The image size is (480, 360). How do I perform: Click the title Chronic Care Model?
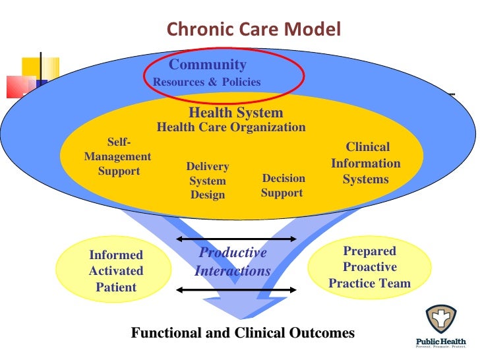[x=253, y=30]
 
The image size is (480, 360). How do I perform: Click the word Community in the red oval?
[x=208, y=65]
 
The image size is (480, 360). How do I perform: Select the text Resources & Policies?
[x=206, y=82]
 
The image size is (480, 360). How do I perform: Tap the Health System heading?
[x=235, y=113]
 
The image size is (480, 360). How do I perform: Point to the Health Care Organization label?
[x=231, y=127]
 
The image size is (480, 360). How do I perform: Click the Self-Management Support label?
[x=118, y=157]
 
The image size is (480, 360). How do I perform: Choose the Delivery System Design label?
[x=208, y=181]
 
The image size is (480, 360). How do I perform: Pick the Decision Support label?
[x=283, y=185]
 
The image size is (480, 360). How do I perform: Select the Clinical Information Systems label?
[x=366, y=163]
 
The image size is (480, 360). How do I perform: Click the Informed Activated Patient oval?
[x=116, y=270]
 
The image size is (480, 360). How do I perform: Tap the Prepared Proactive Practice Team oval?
[x=369, y=267]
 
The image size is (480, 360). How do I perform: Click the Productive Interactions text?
[x=233, y=262]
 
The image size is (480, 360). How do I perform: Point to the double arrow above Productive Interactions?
[x=237, y=239]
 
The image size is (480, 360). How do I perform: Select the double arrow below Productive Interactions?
[x=237, y=289]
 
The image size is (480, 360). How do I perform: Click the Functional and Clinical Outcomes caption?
[x=243, y=333]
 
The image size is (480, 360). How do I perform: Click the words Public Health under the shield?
[x=440, y=342]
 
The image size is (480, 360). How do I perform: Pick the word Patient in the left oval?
[x=116, y=287]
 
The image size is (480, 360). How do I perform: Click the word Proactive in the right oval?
[x=369, y=267]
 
